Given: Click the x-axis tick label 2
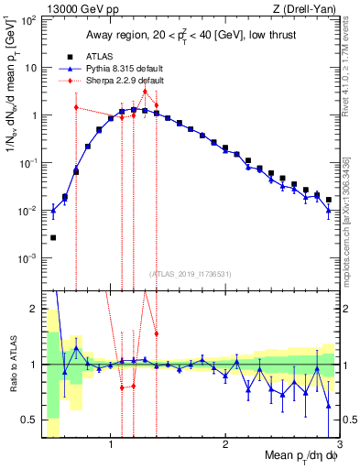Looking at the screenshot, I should [225, 446].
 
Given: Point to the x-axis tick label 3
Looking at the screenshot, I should [339, 446].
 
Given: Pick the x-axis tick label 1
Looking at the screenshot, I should [111, 446].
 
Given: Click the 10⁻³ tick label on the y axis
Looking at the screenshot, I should [28, 258].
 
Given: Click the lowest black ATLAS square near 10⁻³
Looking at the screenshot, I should [53, 237].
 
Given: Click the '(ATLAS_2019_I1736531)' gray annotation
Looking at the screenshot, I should [191, 273].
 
